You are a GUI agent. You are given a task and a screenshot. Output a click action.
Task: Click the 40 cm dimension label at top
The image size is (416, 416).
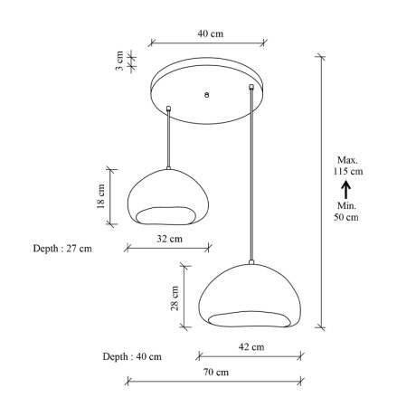[x=210, y=33]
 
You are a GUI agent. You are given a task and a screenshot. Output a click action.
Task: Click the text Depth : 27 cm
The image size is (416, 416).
[x=61, y=246]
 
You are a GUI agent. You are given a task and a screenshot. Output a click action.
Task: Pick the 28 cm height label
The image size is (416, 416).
[x=175, y=297]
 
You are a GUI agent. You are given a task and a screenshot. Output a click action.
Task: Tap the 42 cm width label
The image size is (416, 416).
[x=251, y=346]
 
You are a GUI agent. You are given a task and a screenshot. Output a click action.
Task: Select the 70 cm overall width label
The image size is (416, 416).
[x=214, y=372]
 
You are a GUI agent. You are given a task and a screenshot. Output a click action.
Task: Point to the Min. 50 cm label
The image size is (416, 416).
[x=345, y=212]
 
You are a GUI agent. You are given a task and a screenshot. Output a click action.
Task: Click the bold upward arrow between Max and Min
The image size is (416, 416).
[x=345, y=189]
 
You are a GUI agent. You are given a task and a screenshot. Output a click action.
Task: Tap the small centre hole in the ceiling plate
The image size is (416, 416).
[x=207, y=94]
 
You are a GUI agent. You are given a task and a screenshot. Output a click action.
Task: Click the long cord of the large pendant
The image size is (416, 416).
[x=251, y=181]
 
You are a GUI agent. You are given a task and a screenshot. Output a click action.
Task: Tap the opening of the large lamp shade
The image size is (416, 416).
[x=251, y=317]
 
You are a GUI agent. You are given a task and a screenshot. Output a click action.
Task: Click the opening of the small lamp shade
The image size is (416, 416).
[x=168, y=213]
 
